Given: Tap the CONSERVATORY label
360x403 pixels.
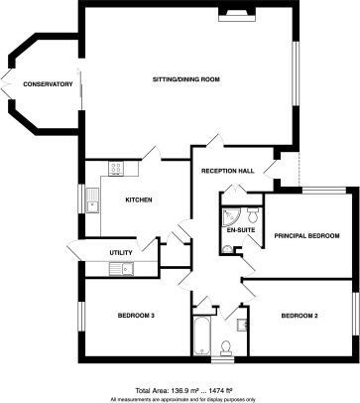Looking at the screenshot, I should pyautogui.click(x=49, y=84).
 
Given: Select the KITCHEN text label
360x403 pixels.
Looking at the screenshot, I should pyautogui.click(x=138, y=201).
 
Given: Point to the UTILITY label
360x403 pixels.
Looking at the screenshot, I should pyautogui.click(x=121, y=252).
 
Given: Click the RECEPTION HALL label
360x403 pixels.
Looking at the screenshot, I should pyautogui.click(x=228, y=171).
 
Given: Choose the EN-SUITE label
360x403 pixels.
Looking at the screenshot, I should pyautogui.click(x=240, y=229).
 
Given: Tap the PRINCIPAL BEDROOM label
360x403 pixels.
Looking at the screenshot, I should pyautogui.click(x=307, y=235).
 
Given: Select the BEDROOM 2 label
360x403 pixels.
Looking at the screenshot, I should pyautogui.click(x=299, y=316).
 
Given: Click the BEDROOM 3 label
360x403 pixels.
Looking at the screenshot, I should pyautogui.click(x=136, y=316).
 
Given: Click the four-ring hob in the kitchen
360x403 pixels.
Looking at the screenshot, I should pyautogui.click(x=116, y=169).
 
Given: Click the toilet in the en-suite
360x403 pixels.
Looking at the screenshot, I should pyautogui.click(x=254, y=215).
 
